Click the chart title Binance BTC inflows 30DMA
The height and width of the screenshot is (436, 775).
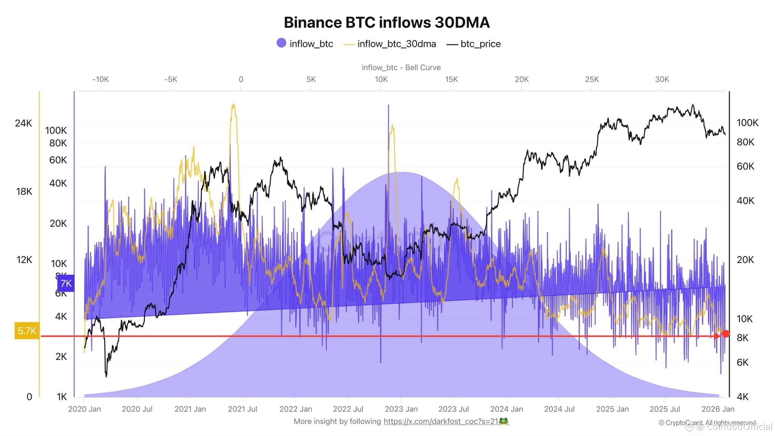tap(387, 23)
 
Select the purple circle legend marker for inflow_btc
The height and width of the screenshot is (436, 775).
tap(281, 43)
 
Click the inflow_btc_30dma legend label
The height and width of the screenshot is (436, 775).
tap(396, 44)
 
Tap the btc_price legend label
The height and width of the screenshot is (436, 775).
tap(480, 44)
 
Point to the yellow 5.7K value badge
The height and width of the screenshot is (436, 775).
tap(27, 331)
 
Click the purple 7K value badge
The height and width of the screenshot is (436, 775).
tap(66, 283)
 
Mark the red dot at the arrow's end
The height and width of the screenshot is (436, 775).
tap(725, 334)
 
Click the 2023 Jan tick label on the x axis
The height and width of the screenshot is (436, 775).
tap(401, 409)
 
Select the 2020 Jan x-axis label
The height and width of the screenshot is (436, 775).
tap(84, 409)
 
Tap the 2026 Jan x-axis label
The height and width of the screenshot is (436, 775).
tap(718, 409)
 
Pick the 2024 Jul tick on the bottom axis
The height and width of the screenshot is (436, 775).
tap(559, 409)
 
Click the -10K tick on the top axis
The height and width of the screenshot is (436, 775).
tap(101, 79)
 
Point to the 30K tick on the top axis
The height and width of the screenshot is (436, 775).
tap(662, 79)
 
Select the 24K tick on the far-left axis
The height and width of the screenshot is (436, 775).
tap(23, 123)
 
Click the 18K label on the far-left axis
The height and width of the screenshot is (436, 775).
tap(24, 192)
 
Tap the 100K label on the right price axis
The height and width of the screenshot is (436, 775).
tap(747, 123)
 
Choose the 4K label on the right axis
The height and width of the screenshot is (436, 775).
tap(742, 397)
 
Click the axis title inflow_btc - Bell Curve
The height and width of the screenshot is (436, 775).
tap(401, 67)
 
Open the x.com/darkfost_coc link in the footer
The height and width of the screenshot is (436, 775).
tap(441, 421)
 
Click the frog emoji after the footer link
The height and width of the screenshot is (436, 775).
tap(504, 421)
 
